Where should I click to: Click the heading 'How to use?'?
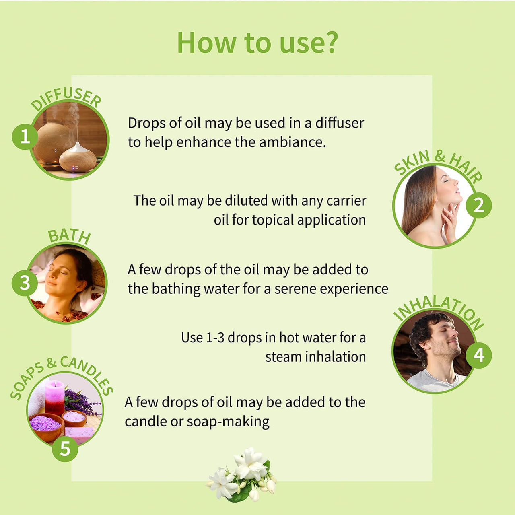pyautogui.click(x=257, y=43)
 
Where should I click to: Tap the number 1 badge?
pyautogui.click(x=25, y=137)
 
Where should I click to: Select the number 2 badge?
pyautogui.click(x=478, y=206)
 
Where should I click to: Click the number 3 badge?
pyautogui.click(x=25, y=283)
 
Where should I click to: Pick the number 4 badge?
pyautogui.click(x=478, y=355)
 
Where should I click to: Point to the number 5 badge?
pyautogui.click(x=65, y=449)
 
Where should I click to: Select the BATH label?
pyautogui.click(x=69, y=236)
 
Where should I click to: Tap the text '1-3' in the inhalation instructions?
pyautogui.click(x=215, y=338)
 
